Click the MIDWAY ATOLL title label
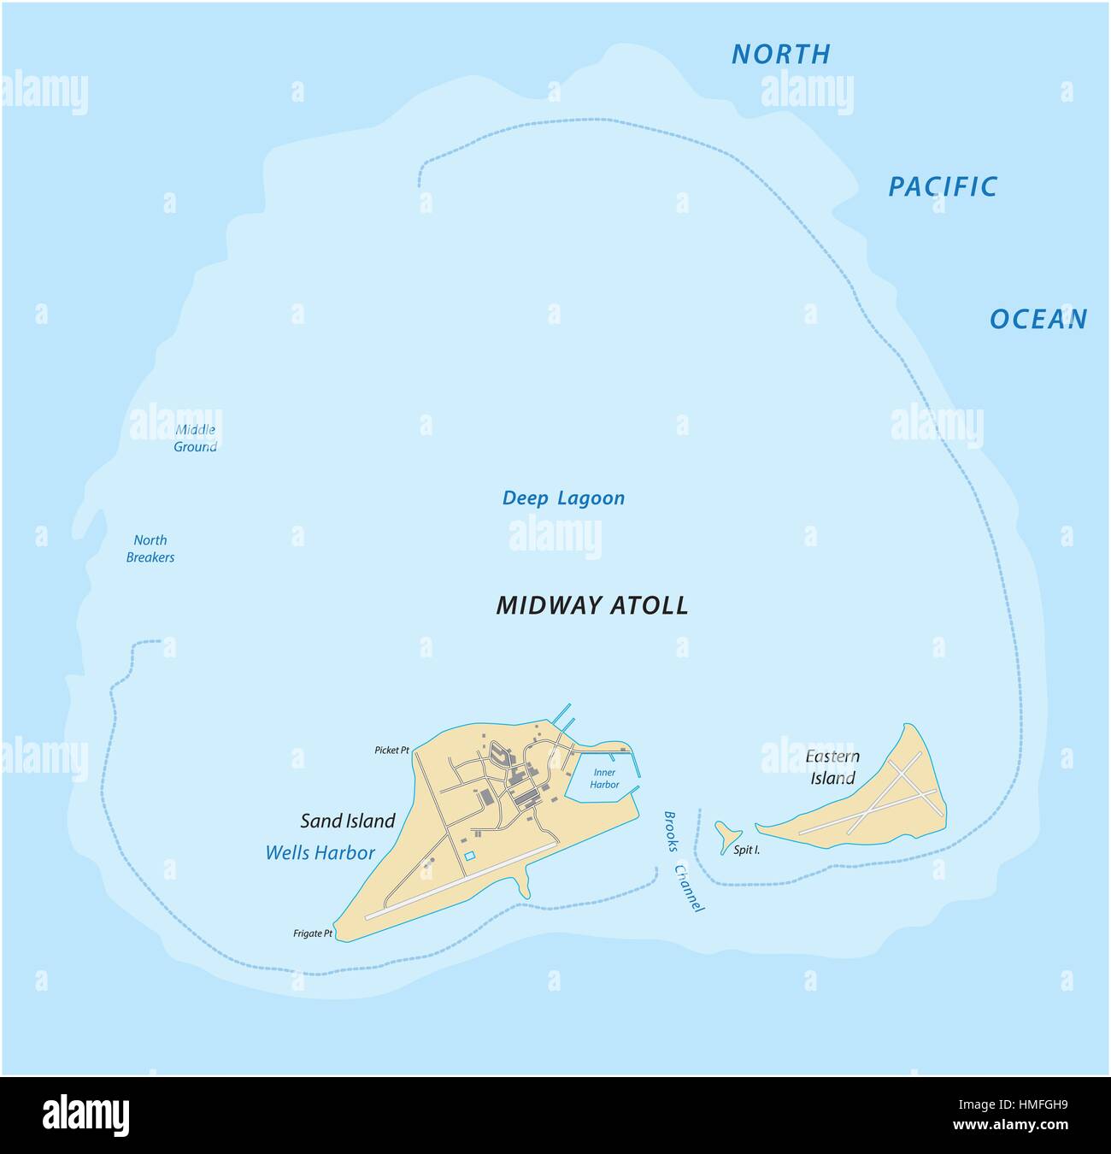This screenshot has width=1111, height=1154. coord(592,605)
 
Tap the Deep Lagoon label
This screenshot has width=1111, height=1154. coord(563,498)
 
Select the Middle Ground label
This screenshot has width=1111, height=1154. coord(195,439)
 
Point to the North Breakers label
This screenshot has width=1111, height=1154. coord(150,549)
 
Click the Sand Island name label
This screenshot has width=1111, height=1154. coord(348,821)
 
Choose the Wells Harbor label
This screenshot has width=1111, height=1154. coord(320,852)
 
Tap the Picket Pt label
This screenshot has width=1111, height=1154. coord(391,751)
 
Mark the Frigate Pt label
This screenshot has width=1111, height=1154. coord(312,934)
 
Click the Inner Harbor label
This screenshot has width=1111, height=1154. coord(604,778)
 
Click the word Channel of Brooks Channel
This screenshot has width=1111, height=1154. coord(689,889)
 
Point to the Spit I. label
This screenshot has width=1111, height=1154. coord(746,851)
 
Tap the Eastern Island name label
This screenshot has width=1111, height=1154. coord(832,767)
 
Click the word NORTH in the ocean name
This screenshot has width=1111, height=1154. coord(781,54)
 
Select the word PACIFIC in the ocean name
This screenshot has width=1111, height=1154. coord(943,186)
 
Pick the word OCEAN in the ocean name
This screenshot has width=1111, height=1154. coord(1038,319)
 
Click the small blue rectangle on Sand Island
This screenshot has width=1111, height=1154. coord(468,856)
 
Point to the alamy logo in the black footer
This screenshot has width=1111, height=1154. coord(85,1115)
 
